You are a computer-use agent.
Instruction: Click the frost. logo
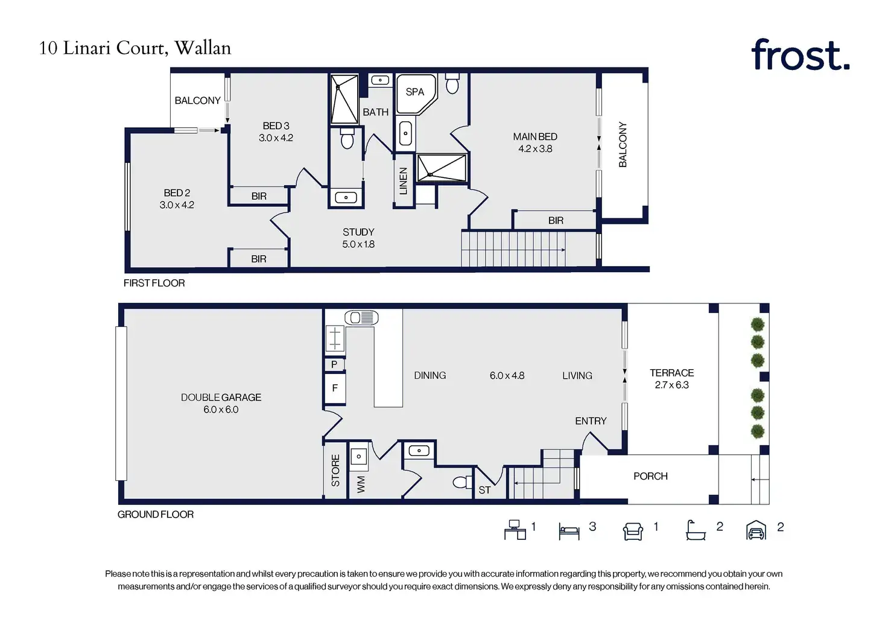point(800,55)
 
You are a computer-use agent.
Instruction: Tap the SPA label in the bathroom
point(414,92)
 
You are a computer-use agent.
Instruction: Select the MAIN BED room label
point(534,137)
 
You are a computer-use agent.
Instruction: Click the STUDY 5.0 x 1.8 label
point(358,238)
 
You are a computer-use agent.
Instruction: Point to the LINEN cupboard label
point(404,181)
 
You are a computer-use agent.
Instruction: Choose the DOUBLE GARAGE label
point(221,398)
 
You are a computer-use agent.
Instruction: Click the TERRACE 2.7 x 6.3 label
point(671,379)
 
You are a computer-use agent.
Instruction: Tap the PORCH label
point(650,476)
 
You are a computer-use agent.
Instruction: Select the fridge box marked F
point(335,388)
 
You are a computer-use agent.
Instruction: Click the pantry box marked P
point(335,364)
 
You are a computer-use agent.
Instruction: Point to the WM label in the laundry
point(361,484)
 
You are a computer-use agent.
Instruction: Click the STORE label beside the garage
point(335,470)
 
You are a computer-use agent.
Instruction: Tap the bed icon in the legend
point(569,531)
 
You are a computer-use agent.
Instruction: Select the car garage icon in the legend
point(756,530)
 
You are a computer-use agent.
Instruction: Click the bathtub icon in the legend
point(696,530)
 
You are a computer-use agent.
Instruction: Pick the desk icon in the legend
point(515,530)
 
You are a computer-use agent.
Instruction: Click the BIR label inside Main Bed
point(556,220)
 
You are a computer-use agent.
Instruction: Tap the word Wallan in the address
point(203,48)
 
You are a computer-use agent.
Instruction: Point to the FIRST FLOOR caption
point(154,283)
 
